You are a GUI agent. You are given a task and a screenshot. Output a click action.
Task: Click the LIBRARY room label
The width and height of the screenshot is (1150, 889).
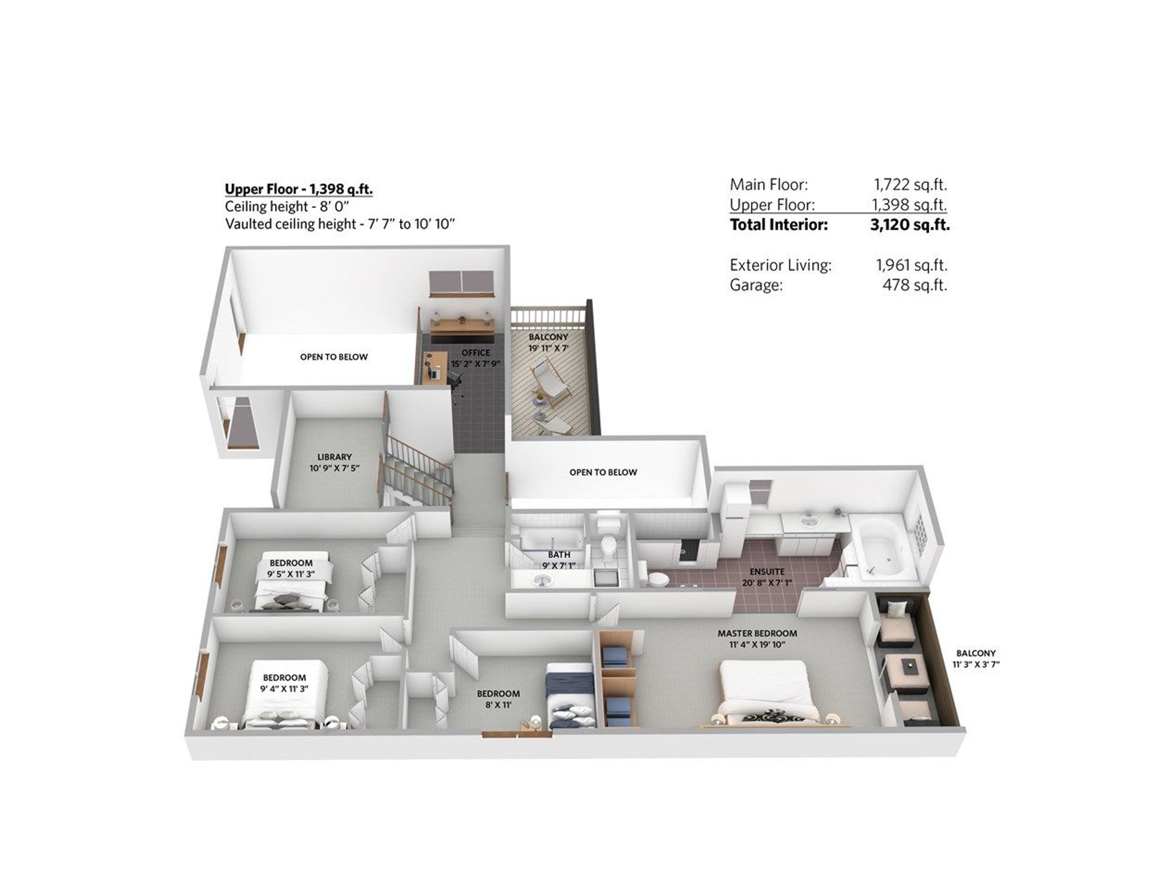click(x=334, y=456)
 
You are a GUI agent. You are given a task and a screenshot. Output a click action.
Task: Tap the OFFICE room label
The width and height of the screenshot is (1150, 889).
click(x=476, y=353)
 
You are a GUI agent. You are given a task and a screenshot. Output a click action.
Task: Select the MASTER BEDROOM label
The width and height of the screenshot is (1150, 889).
click(x=757, y=633)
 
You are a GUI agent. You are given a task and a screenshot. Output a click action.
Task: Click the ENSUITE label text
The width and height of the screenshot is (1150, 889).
click(x=767, y=571)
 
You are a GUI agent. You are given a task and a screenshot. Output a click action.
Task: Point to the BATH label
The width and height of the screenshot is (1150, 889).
click(x=559, y=555)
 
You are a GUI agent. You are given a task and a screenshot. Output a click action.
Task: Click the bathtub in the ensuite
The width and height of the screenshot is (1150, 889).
click(x=880, y=548)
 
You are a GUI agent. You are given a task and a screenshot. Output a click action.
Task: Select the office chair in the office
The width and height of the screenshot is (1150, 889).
click(x=455, y=379)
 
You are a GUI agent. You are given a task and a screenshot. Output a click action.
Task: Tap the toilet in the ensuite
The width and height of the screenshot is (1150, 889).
click(x=657, y=578)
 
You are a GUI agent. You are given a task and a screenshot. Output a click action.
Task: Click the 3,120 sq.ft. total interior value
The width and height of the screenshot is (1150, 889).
click(x=909, y=225)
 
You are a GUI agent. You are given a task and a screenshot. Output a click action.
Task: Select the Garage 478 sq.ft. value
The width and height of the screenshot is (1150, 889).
click(x=914, y=285)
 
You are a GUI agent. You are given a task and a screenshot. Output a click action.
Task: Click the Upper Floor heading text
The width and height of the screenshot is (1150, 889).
click(x=298, y=189)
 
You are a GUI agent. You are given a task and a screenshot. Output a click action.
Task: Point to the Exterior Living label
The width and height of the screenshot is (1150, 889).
click(x=780, y=265)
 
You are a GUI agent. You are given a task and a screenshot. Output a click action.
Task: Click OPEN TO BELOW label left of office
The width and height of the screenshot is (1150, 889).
click(x=334, y=357)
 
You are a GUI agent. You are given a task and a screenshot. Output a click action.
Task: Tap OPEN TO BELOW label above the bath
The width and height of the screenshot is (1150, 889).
click(x=603, y=472)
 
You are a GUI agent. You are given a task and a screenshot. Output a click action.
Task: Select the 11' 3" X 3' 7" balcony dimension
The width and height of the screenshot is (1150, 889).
click(x=976, y=664)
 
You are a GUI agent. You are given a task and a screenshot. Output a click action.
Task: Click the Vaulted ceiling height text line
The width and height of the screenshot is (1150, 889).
click(x=340, y=224)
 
